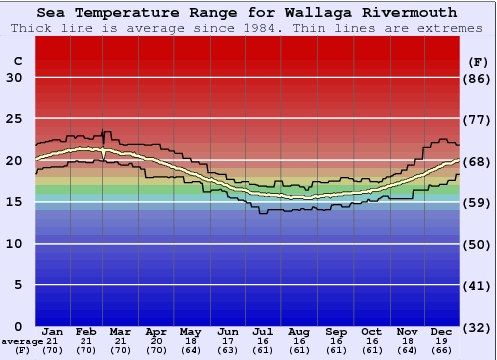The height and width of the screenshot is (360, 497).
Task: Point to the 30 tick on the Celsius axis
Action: [14, 78]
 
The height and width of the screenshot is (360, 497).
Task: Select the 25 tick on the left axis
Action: [14, 119]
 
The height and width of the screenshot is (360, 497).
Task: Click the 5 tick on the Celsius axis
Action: [18, 285]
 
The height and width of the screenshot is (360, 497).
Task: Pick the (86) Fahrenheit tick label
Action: [478, 78]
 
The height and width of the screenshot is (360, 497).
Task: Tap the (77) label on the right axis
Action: [478, 119]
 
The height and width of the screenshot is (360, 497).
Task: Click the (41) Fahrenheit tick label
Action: [478, 285]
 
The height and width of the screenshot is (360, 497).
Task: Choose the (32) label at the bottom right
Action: [478, 327]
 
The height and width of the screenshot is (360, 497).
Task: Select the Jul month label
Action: [262, 331]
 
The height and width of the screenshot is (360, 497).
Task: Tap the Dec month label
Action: [441, 331]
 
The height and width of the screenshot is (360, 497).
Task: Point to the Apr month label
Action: [156, 331]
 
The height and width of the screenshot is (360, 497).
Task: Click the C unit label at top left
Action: [18, 61]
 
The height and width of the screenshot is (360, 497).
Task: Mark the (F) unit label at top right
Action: [478, 61]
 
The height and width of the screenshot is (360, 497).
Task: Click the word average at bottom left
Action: [22, 341]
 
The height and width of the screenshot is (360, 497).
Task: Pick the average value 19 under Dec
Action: [441, 341]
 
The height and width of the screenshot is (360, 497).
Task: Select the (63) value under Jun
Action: [228, 350]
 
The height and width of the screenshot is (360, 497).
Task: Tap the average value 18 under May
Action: [191, 341]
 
